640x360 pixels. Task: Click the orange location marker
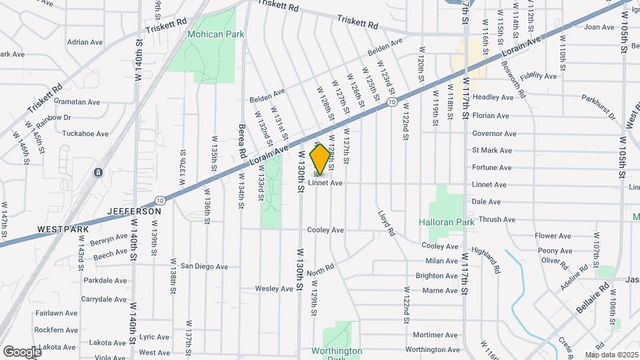[x=321, y=159]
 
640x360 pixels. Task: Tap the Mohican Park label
[x=206, y=34]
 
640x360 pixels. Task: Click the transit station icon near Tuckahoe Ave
[x=98, y=173]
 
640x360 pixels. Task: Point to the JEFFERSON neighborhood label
[x=135, y=211]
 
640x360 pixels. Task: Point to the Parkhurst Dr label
[x=598, y=107]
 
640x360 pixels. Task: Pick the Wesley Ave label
[x=274, y=289]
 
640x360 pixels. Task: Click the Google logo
[x=21, y=351]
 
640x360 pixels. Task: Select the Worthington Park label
[x=337, y=351]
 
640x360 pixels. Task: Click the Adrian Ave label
[x=85, y=42]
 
